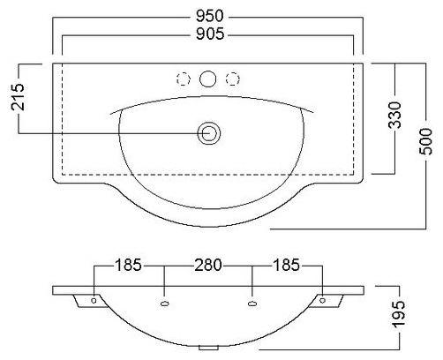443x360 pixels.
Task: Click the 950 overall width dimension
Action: click(210, 16)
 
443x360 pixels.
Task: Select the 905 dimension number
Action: click(210, 34)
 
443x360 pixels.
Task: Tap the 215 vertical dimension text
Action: click(18, 97)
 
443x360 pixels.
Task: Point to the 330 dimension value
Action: click(394, 116)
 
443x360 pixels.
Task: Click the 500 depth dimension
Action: click(426, 141)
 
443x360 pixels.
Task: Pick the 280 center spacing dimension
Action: click(208, 265)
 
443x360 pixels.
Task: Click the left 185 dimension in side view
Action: click(128, 265)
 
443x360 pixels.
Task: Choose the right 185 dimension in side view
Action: click(286, 265)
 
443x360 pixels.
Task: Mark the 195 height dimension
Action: click(399, 314)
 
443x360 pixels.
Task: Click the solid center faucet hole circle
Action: click(208, 79)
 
